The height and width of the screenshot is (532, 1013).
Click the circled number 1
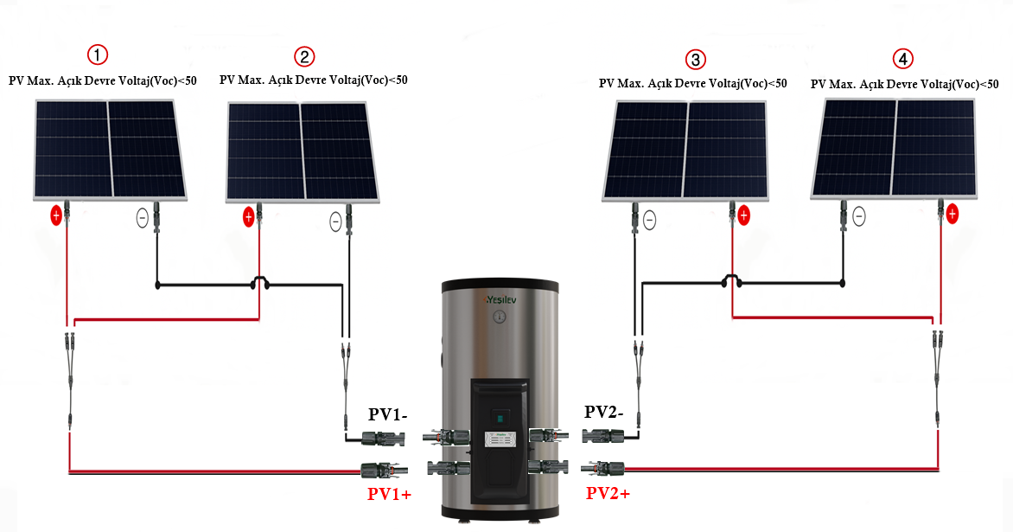click(x=99, y=54)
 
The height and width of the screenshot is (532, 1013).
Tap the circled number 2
click(x=304, y=56)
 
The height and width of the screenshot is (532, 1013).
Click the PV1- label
click(x=389, y=414)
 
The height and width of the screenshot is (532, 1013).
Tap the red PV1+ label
click(x=389, y=494)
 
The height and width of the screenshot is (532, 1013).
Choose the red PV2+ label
click(x=608, y=493)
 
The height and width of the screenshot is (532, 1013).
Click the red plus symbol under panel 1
click(x=56, y=215)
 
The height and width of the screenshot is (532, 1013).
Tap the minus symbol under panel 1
click(x=143, y=218)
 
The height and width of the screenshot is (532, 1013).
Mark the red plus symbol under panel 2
click(x=249, y=216)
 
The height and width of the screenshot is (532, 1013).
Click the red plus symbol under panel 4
click(x=952, y=213)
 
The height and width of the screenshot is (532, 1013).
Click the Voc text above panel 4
click(x=905, y=84)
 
